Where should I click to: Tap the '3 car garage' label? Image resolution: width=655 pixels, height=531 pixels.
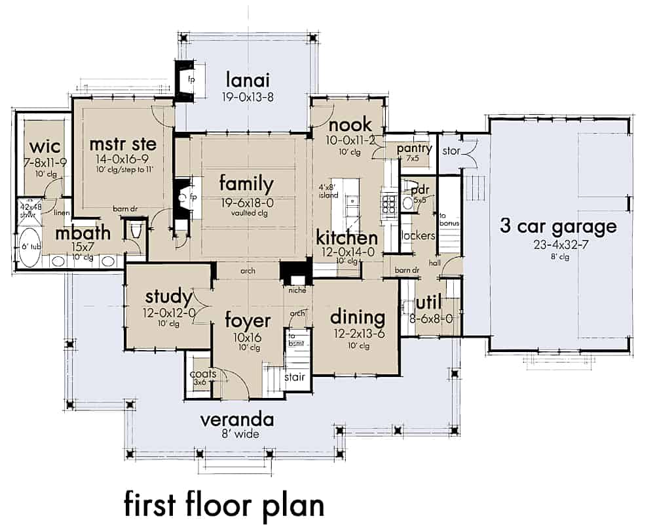coord(558,227)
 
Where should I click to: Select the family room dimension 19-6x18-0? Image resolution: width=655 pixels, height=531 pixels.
coord(246,203)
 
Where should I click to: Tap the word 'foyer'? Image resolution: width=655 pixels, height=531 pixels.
coord(247,321)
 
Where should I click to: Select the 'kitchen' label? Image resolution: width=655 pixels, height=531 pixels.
coord(346,237)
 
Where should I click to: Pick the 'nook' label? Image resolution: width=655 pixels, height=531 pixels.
coord(350,125)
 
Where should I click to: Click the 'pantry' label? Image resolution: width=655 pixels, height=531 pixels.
coord(415,149)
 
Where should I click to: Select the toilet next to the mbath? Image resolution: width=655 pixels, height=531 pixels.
coord(137,231)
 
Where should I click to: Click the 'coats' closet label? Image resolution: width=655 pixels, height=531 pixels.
coord(202,374)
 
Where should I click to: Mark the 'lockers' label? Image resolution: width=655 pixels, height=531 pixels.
coord(419,235)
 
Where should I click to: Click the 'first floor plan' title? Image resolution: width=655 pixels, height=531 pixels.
coord(224,505)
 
